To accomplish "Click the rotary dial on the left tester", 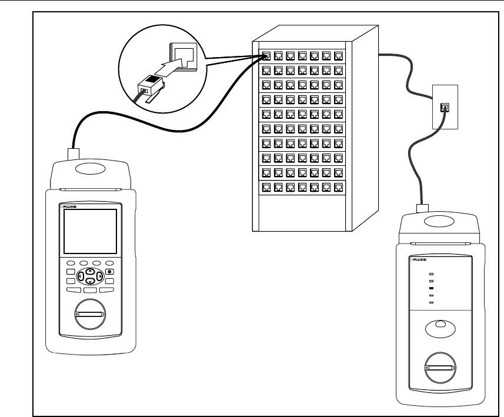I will pyautogui.click(x=89, y=315).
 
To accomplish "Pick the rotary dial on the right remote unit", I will pyautogui.click(x=439, y=368).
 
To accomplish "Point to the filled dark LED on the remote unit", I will pyautogui.click(x=431, y=289).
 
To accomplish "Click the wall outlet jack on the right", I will pyautogui.click(x=445, y=107).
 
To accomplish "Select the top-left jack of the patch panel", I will pyautogui.click(x=266, y=56).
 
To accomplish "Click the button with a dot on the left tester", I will pyautogui.click(x=109, y=272).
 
